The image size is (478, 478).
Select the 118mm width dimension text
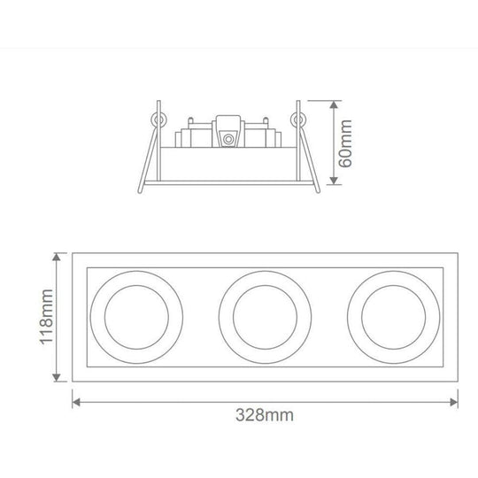point(50,315)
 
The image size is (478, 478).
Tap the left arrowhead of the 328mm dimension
point(77,400)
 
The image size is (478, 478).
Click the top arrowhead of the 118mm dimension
point(59,255)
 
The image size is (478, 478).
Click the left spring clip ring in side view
point(158,119)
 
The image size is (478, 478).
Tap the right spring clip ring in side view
point(297,119)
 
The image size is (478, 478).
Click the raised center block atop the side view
point(228,124)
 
